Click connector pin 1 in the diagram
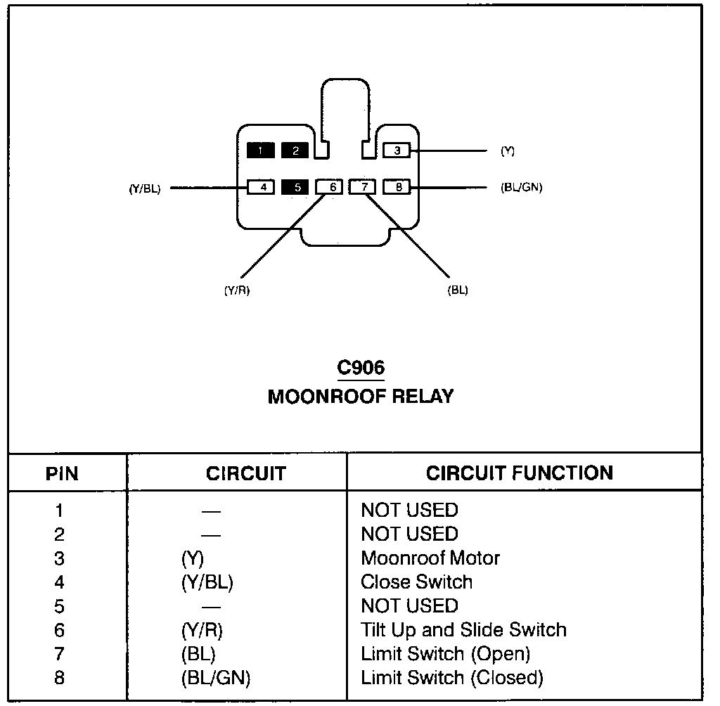(x=260, y=150)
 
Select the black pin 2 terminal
(x=295, y=150)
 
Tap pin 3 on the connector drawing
(x=397, y=150)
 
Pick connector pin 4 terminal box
(x=261, y=187)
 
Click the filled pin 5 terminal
(x=295, y=187)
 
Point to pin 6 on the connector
(x=329, y=187)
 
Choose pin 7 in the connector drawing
(x=362, y=187)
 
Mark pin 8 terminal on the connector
(x=397, y=187)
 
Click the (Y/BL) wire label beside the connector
(x=145, y=188)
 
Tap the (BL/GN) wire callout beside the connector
(x=521, y=188)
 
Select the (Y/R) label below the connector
(x=237, y=290)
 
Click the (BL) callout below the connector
(x=458, y=290)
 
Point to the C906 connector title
(x=361, y=368)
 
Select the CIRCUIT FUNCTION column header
(x=520, y=473)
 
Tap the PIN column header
(x=62, y=473)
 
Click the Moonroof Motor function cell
(x=430, y=558)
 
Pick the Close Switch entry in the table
(x=416, y=582)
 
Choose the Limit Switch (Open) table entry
(x=445, y=654)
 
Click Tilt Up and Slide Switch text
(x=464, y=630)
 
